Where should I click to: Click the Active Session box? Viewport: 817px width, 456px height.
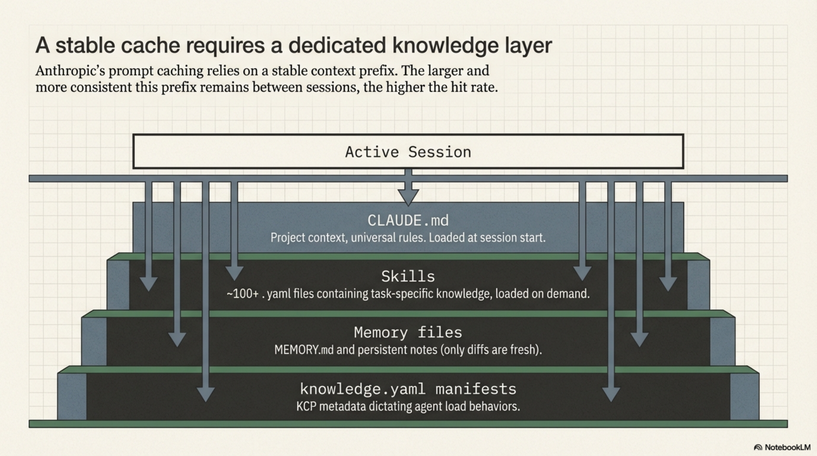click(x=408, y=152)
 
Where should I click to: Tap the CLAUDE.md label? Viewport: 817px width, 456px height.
click(x=408, y=220)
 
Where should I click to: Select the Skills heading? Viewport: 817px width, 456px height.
click(x=408, y=276)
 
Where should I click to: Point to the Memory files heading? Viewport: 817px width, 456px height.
click(x=408, y=332)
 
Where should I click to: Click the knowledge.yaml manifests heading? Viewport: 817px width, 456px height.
click(x=408, y=389)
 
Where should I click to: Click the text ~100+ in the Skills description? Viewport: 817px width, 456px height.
click(x=243, y=294)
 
